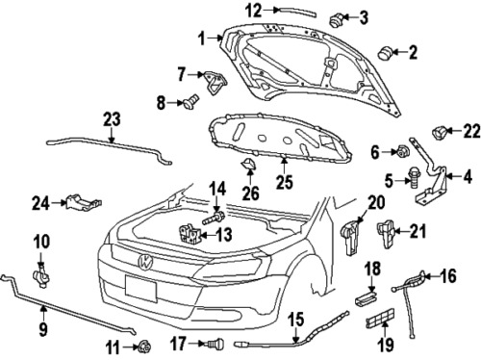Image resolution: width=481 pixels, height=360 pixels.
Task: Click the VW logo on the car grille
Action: (x=146, y=262)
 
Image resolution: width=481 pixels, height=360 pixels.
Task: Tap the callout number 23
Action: (x=112, y=119)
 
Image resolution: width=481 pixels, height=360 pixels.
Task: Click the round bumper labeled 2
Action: (x=386, y=53)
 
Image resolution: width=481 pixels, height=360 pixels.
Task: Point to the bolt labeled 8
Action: (x=190, y=101)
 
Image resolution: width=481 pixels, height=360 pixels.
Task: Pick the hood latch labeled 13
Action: (x=190, y=235)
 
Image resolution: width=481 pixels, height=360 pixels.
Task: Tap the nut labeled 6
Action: (x=401, y=150)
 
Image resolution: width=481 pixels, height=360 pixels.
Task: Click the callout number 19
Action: (x=385, y=344)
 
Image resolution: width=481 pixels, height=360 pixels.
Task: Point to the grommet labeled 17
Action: (x=215, y=344)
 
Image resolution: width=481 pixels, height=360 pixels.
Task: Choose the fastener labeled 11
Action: (x=144, y=346)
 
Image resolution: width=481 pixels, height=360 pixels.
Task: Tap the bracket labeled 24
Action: (x=84, y=202)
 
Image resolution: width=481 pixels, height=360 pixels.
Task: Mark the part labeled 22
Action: (x=439, y=133)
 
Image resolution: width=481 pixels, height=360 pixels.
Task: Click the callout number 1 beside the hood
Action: (x=201, y=39)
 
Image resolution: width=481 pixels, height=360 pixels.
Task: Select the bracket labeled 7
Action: (x=215, y=82)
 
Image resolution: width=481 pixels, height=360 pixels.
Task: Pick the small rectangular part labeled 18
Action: (x=366, y=297)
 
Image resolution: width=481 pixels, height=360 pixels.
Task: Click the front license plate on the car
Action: (x=141, y=289)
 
